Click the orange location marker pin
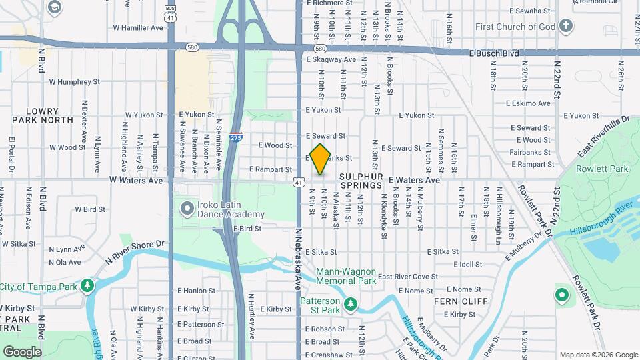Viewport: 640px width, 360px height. tap(321, 159)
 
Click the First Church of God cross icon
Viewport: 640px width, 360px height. tap(566, 27)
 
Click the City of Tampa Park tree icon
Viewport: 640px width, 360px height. tap(87, 286)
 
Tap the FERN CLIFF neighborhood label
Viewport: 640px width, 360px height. tap(454, 301)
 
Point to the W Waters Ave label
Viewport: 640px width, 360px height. tap(136, 180)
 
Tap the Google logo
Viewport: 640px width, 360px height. tap(22, 351)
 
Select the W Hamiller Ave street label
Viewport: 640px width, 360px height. tap(138, 28)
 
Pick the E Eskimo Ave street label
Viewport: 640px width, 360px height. tap(528, 103)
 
